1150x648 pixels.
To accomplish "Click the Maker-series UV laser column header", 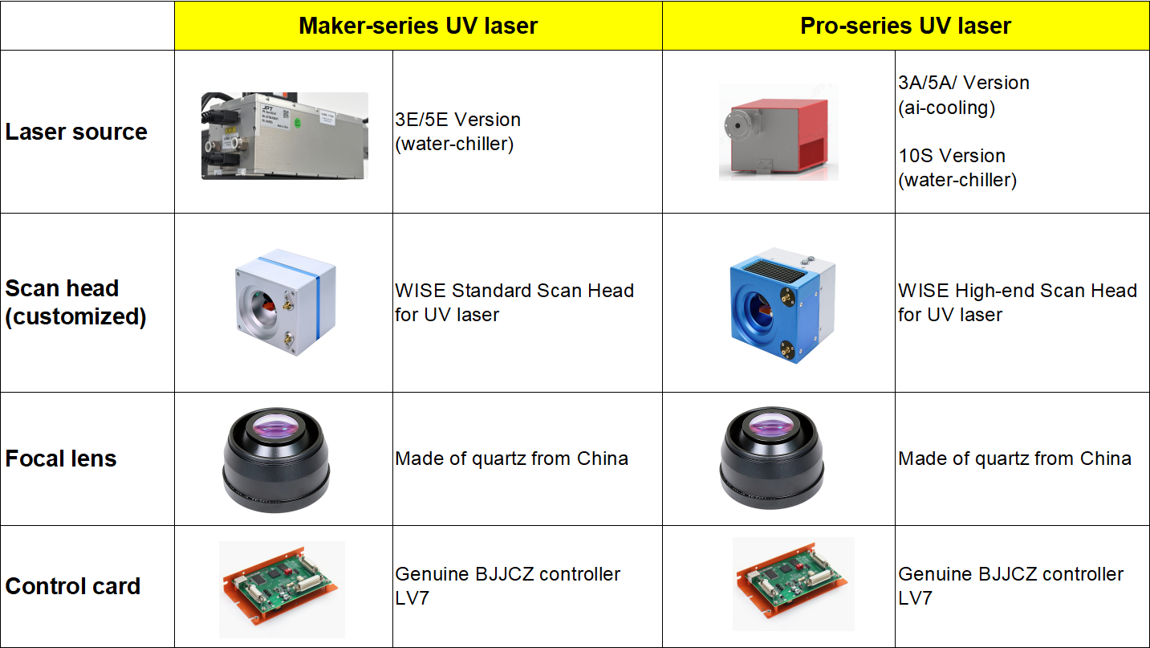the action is pos(418,26).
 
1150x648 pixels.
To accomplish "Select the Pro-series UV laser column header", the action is pos(905,26).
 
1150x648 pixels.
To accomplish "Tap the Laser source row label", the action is pos(76,132).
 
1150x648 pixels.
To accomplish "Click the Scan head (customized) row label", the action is pos(76,302).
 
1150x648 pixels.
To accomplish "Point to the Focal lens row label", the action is pos(61,458).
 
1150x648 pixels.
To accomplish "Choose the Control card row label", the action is pos(73,586).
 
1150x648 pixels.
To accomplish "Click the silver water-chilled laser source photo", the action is pos(285,136).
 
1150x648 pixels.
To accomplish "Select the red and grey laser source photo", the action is pos(778,132).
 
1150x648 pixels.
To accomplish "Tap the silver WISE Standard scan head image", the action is pos(286,302).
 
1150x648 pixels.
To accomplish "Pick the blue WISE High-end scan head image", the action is pos(782,305).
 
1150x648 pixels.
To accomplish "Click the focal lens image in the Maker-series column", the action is pos(276,460).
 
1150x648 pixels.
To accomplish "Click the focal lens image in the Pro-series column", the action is pos(772,458).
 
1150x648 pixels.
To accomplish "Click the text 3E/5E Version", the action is pos(458,120).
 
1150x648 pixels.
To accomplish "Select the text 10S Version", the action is pos(952,156).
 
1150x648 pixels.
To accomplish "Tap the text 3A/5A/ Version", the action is pos(964,83).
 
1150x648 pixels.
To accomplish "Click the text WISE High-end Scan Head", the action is pos(1018,291).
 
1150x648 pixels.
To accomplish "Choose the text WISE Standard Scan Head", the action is pos(514,291).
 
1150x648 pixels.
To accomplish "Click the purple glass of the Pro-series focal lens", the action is pos(771,426).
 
